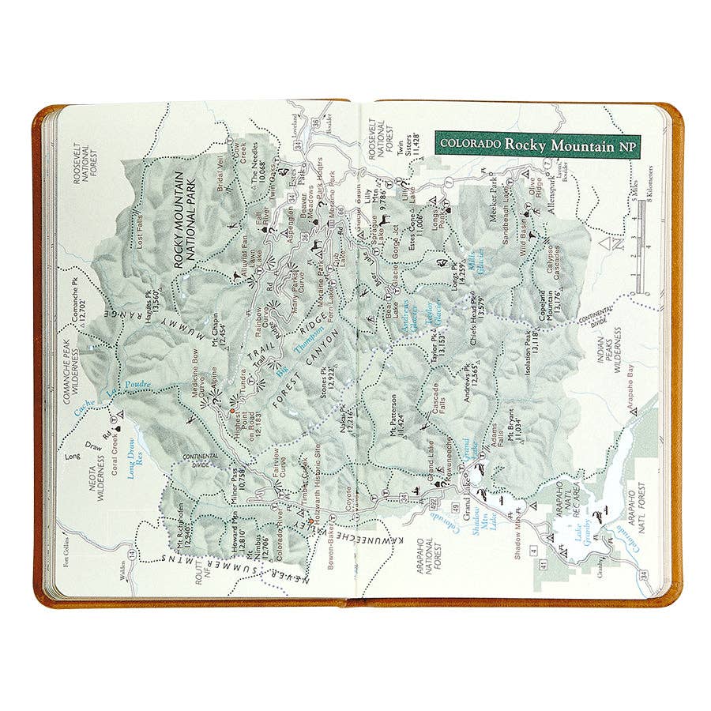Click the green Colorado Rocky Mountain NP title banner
536,145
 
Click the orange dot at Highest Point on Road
231,412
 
